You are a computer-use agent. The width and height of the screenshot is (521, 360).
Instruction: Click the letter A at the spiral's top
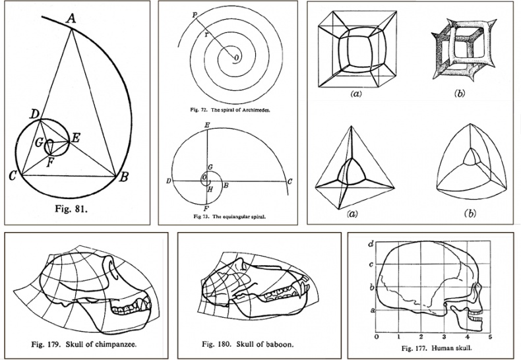coord(70,20)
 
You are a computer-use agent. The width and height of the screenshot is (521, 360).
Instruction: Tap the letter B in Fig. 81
coord(123,177)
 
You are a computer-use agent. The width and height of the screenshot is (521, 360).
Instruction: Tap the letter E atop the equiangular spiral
coord(207,125)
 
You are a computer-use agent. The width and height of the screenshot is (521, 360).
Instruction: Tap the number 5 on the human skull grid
coord(489,337)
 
